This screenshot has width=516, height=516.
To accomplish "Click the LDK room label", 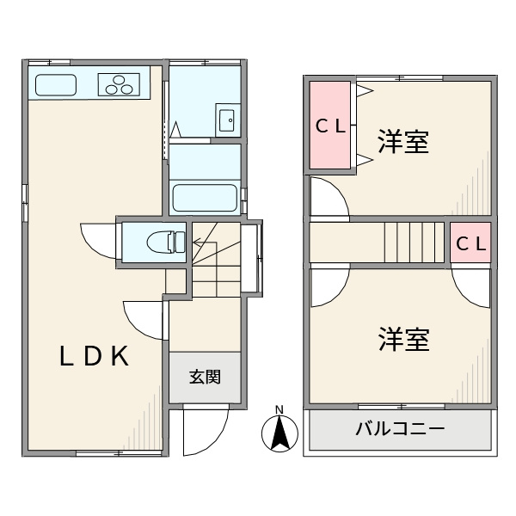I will (94, 355).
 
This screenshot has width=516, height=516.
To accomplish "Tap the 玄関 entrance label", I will (205, 377).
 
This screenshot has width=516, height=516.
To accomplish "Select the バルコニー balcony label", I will (400, 429).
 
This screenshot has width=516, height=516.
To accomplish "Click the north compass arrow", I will (279, 433).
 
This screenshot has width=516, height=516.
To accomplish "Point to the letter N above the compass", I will (279, 409).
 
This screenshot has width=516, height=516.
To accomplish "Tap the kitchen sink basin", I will (55, 85).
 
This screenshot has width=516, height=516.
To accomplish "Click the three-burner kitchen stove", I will (120, 84).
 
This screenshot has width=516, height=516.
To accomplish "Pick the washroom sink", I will (227, 120).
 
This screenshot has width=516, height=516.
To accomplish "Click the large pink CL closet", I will (330, 126).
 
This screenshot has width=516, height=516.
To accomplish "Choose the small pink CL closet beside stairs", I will (470, 243).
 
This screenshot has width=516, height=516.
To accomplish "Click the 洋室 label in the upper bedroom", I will (403, 142).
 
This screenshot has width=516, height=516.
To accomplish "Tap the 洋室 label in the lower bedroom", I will (403, 340).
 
